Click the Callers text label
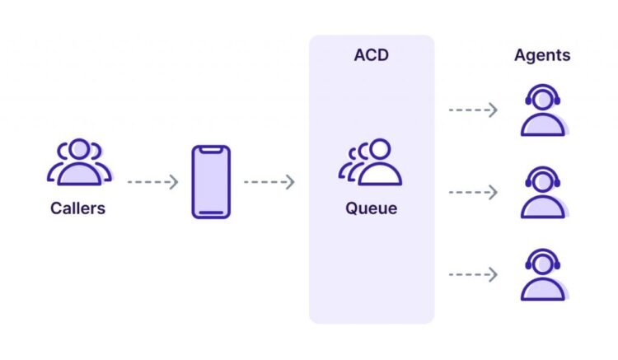78,208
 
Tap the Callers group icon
78,162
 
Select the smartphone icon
211,182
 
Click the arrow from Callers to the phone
152,182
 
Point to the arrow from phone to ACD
269,182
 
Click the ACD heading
371,56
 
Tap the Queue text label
371,208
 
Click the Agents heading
542,56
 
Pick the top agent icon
542,111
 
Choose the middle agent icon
542,193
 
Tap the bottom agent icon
542,274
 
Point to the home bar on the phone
211,213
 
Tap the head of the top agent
542,99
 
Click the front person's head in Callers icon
78,150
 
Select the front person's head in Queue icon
379,150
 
